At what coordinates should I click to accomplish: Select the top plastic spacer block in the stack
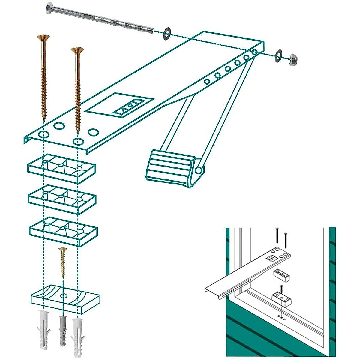coord(62,168)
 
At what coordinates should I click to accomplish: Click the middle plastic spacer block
coord(62,199)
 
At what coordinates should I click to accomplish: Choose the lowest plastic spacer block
coord(63,231)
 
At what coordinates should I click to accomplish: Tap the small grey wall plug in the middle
coord(63,330)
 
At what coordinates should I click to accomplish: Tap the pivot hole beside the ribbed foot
coord(198,170)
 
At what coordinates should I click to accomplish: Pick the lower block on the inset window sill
coord(281,298)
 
